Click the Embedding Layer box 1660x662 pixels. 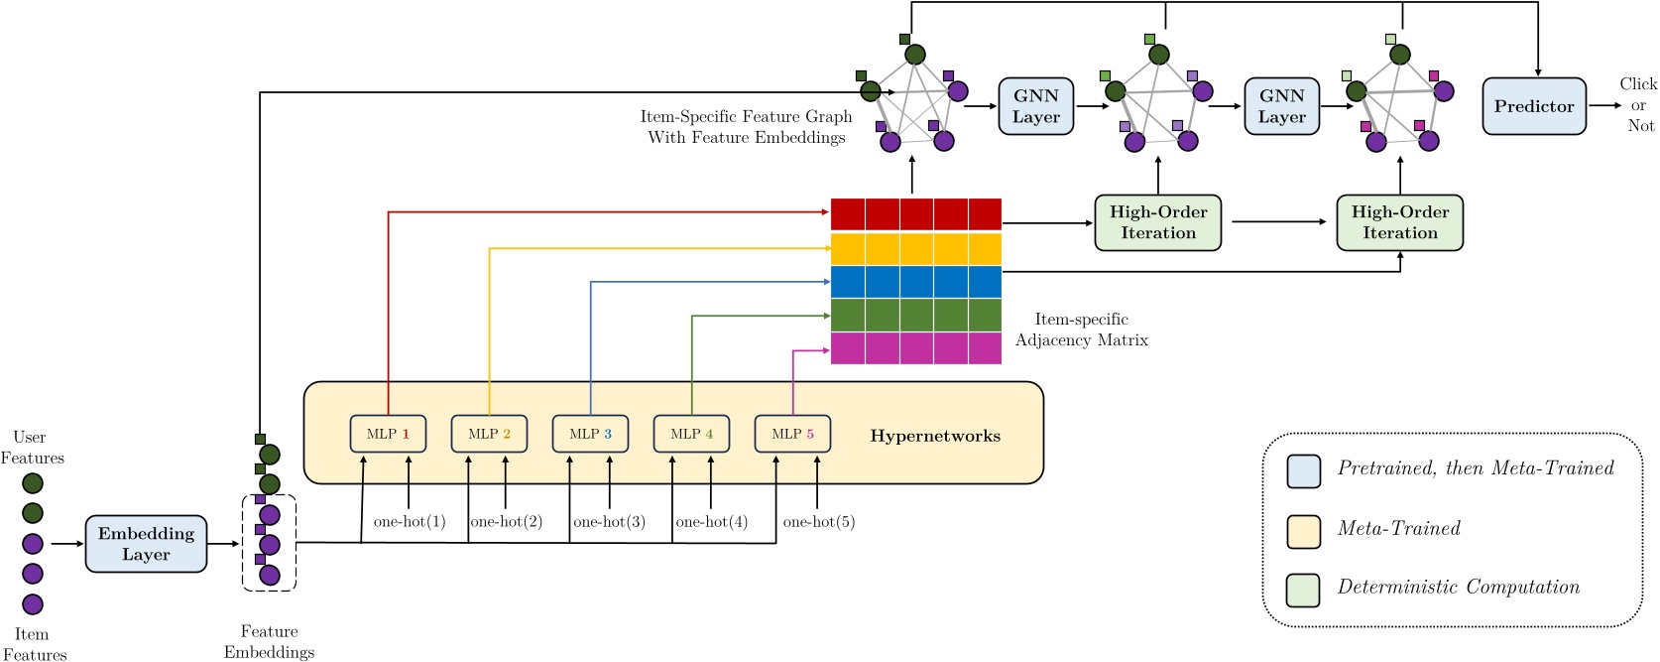(x=146, y=544)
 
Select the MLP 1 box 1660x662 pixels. (x=388, y=434)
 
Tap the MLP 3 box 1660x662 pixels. (x=590, y=434)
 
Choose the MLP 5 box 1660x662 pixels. (x=792, y=434)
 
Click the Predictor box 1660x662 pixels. (x=1534, y=106)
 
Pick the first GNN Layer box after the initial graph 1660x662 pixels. (x=1036, y=106)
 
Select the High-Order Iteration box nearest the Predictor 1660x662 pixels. (x=1399, y=222)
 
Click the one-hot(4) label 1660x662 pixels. (x=711, y=522)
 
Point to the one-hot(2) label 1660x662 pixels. (x=506, y=522)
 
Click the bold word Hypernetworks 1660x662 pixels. (x=935, y=436)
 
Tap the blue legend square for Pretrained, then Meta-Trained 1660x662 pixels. (x=1303, y=471)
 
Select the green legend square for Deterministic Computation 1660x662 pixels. (x=1303, y=590)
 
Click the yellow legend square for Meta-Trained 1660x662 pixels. (x=1303, y=531)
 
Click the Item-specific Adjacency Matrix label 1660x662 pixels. (x=1081, y=330)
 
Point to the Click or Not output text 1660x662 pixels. (x=1638, y=104)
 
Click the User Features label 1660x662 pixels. (x=31, y=448)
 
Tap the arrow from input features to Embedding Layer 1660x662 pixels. (x=67, y=544)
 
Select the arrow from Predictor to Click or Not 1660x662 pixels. (x=1603, y=105)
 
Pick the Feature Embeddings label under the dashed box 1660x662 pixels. (x=269, y=641)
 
